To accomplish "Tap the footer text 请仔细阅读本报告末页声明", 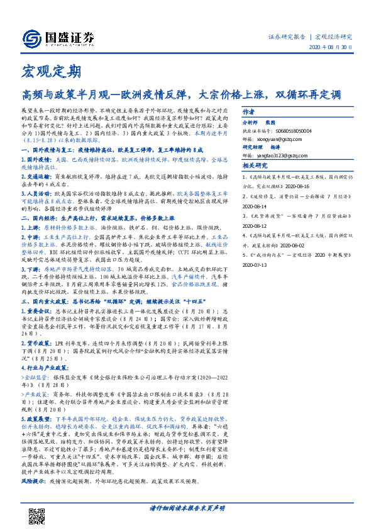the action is click(x=187, y=523).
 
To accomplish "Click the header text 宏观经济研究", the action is click(x=334, y=37).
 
